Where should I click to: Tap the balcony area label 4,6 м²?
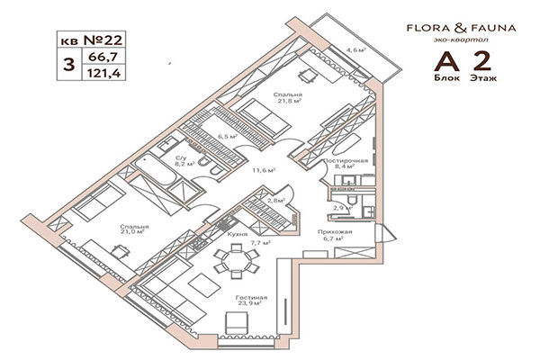click(356, 51)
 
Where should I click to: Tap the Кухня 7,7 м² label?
click(238, 238)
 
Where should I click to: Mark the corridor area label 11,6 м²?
click(264, 168)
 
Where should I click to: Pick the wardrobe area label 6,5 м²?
click(227, 137)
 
